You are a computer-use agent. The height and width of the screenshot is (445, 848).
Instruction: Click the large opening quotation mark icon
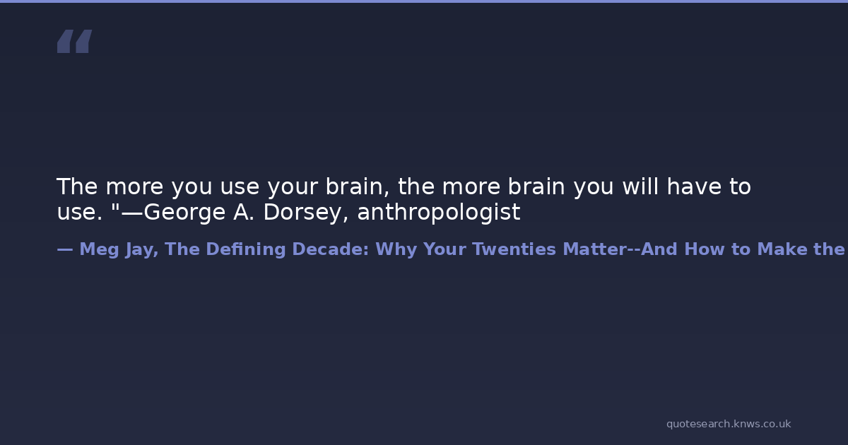75,41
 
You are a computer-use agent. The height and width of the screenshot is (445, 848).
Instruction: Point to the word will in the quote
640,186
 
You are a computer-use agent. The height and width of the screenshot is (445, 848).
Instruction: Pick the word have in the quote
694,186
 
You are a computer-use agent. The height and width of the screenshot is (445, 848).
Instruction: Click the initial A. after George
243,212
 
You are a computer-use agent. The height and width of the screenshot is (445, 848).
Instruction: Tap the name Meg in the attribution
99,250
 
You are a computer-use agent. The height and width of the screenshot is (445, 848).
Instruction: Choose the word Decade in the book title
331,249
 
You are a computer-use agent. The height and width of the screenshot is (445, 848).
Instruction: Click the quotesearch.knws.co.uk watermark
729,425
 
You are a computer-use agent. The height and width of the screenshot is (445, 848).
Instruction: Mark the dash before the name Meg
65,250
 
